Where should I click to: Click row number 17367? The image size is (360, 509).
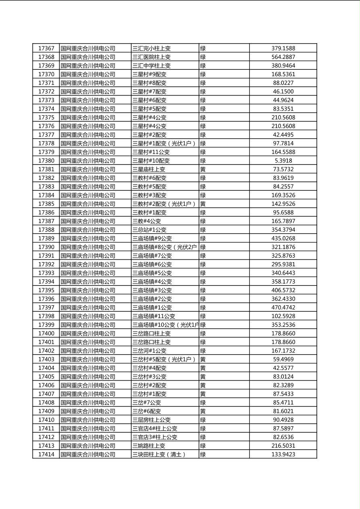click(x=46, y=48)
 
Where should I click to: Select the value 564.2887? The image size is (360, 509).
click(x=283, y=57)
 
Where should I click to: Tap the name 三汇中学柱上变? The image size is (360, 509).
click(x=151, y=66)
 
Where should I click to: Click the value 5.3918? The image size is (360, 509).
click(x=283, y=161)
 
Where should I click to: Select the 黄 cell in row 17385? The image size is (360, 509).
click(x=203, y=204)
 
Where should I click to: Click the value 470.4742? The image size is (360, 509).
click(x=283, y=308)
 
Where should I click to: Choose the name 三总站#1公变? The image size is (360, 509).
click(x=149, y=230)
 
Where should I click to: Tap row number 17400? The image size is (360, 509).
click(x=46, y=334)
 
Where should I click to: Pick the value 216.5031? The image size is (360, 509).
click(x=283, y=446)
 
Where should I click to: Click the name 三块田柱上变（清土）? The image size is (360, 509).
click(x=159, y=455)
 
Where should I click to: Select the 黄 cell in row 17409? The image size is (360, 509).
click(x=203, y=411)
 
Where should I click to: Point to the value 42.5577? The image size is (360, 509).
click(x=283, y=368)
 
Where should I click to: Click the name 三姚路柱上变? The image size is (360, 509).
click(x=149, y=446)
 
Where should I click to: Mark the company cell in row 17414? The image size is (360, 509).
click(x=88, y=455)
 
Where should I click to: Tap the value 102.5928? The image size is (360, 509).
click(x=283, y=316)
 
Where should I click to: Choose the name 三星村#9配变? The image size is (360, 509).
click(x=149, y=74)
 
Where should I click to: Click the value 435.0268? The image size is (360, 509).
click(x=283, y=238)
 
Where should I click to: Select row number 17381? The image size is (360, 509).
click(x=46, y=169)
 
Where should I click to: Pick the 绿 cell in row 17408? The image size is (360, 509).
click(x=203, y=403)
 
